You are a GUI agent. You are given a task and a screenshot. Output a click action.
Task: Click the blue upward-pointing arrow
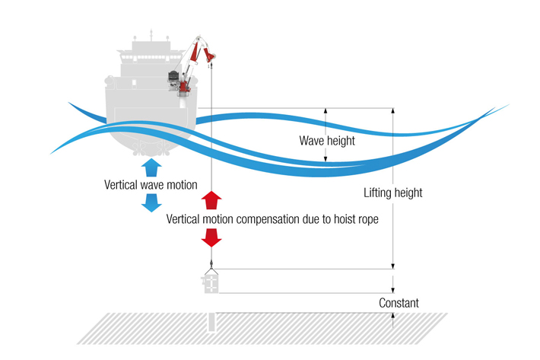click(151, 167)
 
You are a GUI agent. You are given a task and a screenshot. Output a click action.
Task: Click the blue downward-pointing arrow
click(151, 202)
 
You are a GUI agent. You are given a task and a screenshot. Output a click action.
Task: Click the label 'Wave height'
click(326, 141)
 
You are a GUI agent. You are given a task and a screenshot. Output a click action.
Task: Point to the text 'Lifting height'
click(393, 193)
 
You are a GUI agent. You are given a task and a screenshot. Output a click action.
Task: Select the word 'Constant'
click(399, 303)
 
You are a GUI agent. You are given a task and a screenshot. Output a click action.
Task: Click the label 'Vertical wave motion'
click(151, 185)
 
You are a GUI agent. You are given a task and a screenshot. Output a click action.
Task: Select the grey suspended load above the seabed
click(211, 282)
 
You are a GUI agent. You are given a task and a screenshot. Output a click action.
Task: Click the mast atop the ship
click(151, 34)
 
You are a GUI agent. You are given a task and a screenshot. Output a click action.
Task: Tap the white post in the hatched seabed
click(211, 323)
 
